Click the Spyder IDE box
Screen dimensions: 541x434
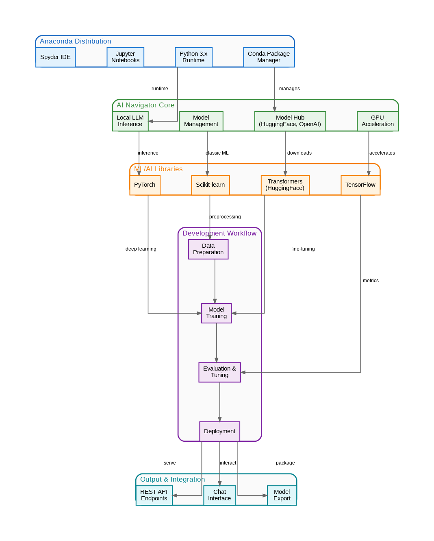[x=55, y=57]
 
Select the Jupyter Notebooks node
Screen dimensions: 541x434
[x=125, y=57]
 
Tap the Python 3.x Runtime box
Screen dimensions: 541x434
[x=193, y=57]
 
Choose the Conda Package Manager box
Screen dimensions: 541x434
[x=269, y=57]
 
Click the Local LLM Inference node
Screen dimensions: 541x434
[x=130, y=121]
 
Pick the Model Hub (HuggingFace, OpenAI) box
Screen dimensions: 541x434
[x=290, y=121]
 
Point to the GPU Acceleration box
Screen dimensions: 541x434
[x=378, y=121]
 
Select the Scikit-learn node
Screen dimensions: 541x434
[x=210, y=185]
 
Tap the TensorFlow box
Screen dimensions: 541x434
[x=360, y=185]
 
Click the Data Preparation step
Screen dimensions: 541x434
[x=208, y=249]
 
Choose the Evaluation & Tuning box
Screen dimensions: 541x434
[x=219, y=372]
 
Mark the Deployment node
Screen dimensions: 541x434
[x=219, y=431]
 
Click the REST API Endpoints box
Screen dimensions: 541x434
[x=154, y=495]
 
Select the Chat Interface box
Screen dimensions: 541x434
[x=219, y=495]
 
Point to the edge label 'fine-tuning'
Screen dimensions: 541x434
[x=303, y=249]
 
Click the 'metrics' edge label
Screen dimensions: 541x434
[x=371, y=281]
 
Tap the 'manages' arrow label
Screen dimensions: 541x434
[x=289, y=89]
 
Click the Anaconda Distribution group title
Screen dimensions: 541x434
[x=75, y=41]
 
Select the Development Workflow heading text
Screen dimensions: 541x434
[x=219, y=233]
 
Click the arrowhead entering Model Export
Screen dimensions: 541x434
[x=265, y=495]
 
